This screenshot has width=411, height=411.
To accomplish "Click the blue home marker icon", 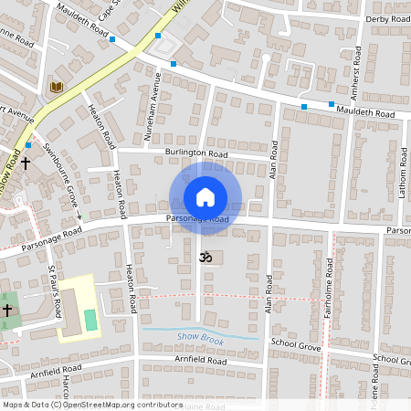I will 205,197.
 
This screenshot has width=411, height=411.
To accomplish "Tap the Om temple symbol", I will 205,258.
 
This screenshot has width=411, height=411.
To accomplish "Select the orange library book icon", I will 57,88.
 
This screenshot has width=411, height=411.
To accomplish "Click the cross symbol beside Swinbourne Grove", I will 26,164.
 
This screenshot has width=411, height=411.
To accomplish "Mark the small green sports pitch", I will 90,320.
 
